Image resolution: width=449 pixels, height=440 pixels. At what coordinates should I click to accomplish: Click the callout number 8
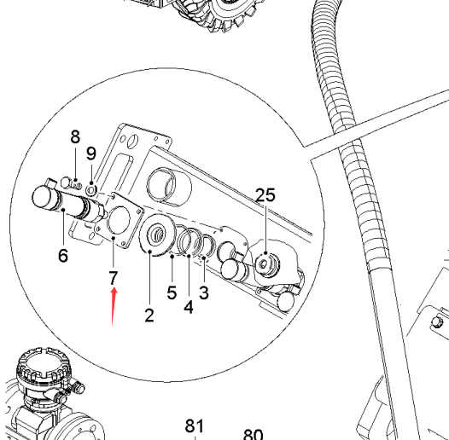[x=75, y=136]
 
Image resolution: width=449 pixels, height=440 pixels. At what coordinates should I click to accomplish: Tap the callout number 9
[x=91, y=153]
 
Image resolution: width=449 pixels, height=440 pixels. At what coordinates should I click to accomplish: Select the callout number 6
[x=63, y=255]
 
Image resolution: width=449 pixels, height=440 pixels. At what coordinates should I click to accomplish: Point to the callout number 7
[x=114, y=278]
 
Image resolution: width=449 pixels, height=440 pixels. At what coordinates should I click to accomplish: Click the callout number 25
[x=265, y=195]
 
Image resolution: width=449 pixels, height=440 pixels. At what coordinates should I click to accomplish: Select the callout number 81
[x=195, y=426]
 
